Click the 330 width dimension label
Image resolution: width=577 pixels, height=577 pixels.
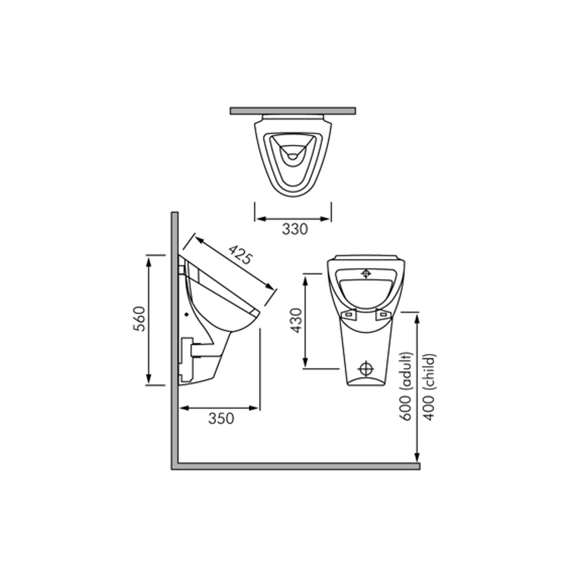(295, 229)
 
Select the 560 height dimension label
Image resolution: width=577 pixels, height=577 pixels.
(140, 318)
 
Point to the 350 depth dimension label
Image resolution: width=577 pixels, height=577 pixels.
(221, 418)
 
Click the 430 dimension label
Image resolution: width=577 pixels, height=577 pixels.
(296, 321)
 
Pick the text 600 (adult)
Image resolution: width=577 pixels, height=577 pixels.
(406, 386)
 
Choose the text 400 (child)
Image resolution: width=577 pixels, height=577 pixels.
(430, 387)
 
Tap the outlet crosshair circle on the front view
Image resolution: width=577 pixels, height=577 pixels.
(366, 369)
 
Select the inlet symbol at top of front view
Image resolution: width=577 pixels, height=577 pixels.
(366, 274)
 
